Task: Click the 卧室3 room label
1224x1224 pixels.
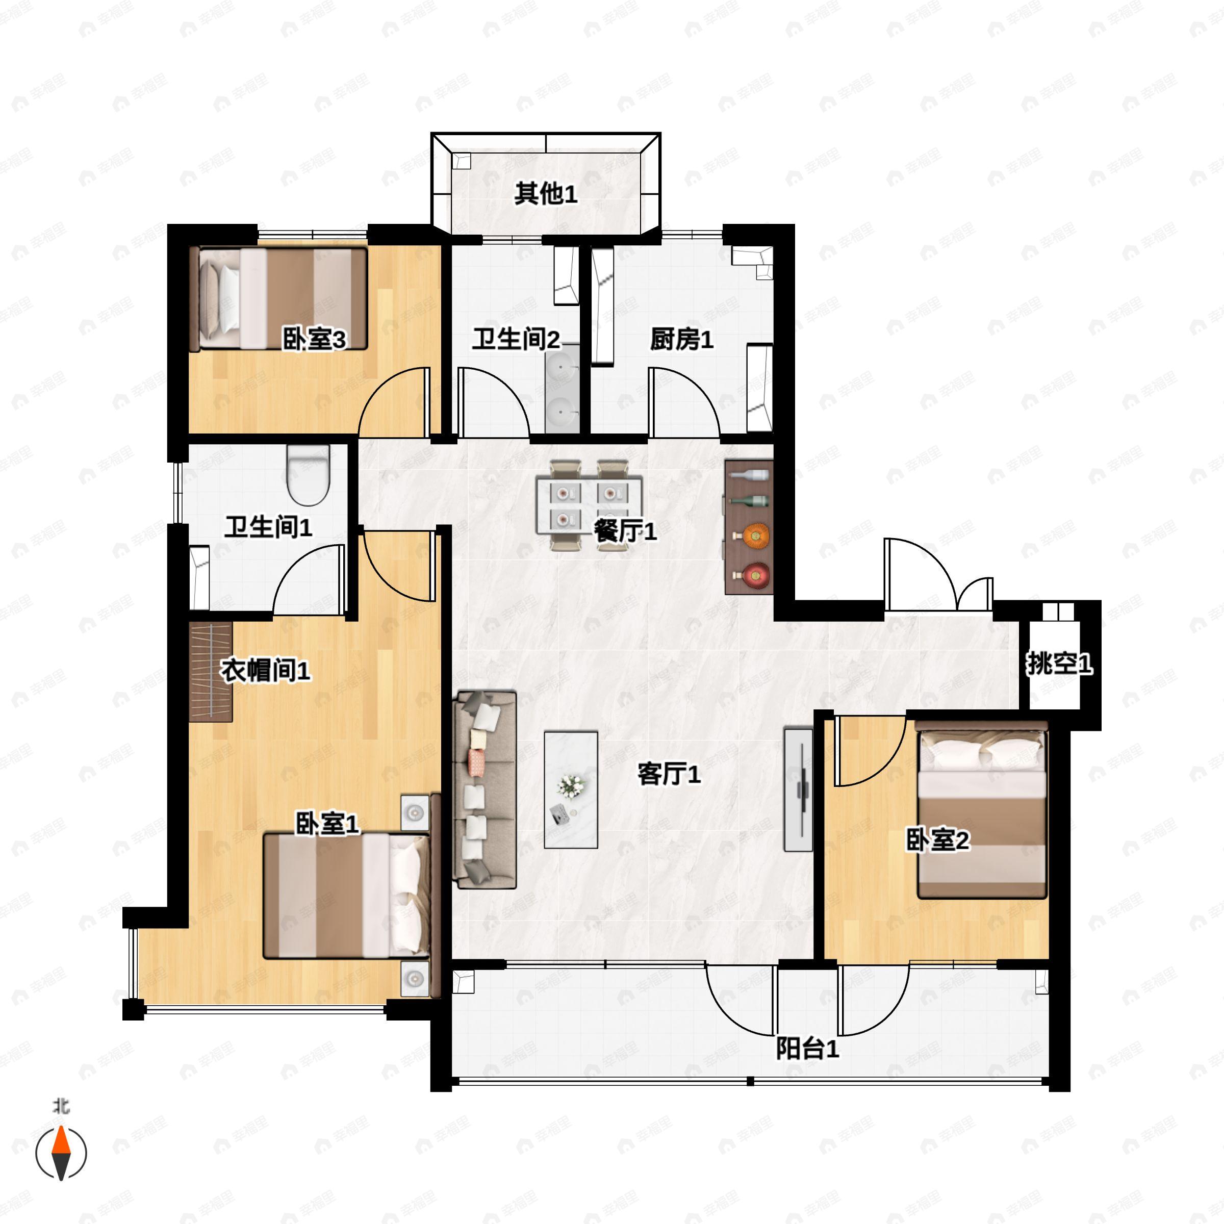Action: point(314,340)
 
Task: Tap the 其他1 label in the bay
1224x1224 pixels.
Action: point(546,193)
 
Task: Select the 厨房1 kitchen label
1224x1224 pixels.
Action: point(682,340)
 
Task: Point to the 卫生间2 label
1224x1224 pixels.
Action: point(516,340)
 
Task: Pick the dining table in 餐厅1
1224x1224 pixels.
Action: point(589,505)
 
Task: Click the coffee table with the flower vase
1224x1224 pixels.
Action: point(571,790)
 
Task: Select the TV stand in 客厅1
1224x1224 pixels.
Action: point(798,789)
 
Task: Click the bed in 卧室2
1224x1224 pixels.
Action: point(981,814)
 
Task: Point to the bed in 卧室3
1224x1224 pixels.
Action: point(279,298)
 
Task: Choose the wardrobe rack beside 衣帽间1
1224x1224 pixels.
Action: point(211,672)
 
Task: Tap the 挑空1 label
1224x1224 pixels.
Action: point(1059,664)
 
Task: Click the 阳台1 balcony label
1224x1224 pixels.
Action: point(808,1049)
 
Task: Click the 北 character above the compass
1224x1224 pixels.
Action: point(61,1106)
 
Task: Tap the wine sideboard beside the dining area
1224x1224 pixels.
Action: point(749,527)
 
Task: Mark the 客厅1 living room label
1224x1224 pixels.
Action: point(669,774)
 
